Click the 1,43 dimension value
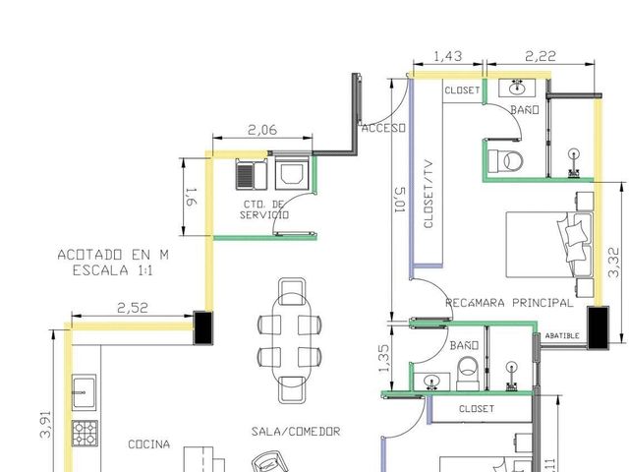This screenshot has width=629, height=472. click(x=448, y=56)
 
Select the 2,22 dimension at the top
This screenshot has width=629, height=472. click(x=541, y=56)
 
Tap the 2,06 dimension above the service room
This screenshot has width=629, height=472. click(x=262, y=130)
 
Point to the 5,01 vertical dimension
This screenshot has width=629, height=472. click(x=400, y=200)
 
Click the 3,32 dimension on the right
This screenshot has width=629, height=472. click(x=613, y=263)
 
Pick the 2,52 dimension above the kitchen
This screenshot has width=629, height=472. click(x=133, y=308)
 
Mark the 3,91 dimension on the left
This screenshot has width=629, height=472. click(x=46, y=424)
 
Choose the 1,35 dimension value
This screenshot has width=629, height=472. click(x=383, y=358)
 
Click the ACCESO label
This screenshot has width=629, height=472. click(x=383, y=129)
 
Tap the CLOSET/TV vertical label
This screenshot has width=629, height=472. click(x=429, y=195)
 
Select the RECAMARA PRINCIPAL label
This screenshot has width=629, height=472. click(x=509, y=303)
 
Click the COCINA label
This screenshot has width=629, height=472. click(x=148, y=444)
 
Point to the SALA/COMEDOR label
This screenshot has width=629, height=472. click(x=296, y=432)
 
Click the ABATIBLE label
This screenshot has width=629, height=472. click(x=562, y=336)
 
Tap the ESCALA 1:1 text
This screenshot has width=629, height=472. click(x=113, y=270)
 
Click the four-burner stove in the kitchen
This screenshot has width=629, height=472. click(x=85, y=434)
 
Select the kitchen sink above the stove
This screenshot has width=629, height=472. click(x=85, y=392)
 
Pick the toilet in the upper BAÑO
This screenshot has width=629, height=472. click(x=506, y=161)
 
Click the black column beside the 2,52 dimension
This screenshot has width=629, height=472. click(x=203, y=327)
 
